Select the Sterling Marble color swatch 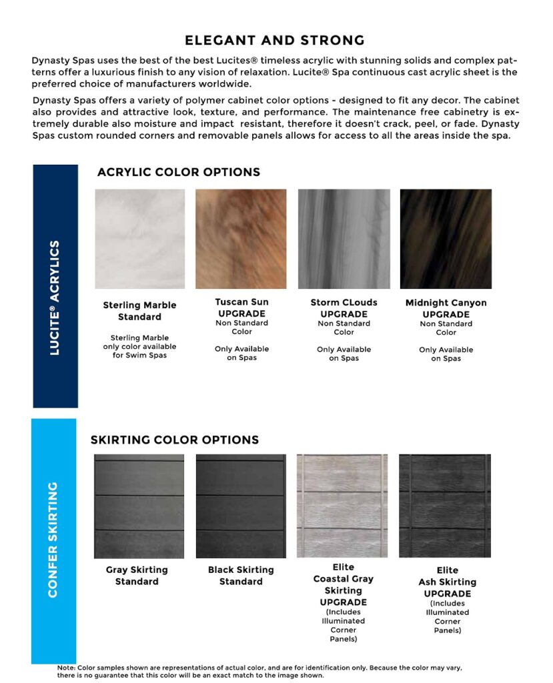tap(139, 239)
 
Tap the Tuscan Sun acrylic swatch tap(241, 239)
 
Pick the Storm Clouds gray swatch tap(344, 239)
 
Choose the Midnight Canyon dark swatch tap(446, 239)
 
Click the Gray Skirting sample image tap(139, 506)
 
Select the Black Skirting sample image tap(241, 506)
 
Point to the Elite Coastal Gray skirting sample tap(343, 506)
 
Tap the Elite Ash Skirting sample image tap(445, 506)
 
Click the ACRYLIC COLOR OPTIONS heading tap(179, 172)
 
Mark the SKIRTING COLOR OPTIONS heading tap(175, 440)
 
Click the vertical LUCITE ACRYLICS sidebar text tap(55, 297)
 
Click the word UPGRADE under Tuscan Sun tap(241, 313)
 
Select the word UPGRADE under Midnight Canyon tap(446, 314)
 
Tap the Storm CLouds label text tap(344, 302)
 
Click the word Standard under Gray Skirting tap(137, 582)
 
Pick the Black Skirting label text tap(241, 570)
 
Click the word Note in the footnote tap(66, 668)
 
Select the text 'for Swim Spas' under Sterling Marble tap(139, 356)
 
